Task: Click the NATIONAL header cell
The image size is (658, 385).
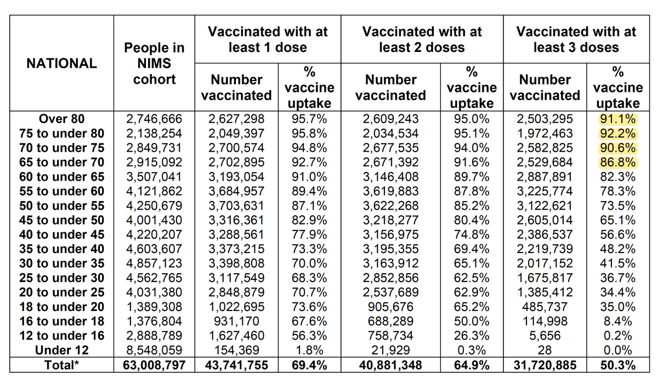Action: (61, 64)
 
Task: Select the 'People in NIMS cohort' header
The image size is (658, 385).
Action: (154, 64)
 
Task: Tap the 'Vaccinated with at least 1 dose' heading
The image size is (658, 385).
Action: (268, 39)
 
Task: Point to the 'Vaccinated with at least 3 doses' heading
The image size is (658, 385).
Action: (576, 39)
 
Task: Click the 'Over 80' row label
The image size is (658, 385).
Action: (62, 119)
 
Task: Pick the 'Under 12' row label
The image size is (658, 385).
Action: (62, 350)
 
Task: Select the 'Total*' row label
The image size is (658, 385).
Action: (62, 365)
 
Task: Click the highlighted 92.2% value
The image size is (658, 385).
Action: (617, 133)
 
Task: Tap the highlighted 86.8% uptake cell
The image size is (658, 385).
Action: (617, 162)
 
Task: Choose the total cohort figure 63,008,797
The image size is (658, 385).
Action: (154, 365)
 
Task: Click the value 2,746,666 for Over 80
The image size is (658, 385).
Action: (154, 119)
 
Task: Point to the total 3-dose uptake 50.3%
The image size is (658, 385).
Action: (617, 365)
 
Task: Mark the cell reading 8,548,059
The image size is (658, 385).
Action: (154, 350)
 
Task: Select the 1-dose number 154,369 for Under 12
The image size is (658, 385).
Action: (236, 350)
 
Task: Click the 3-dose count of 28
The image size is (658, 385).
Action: (545, 350)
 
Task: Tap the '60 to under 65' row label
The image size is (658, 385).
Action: (62, 176)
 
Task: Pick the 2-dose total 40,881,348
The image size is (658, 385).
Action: (391, 365)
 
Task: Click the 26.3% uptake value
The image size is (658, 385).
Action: (472, 336)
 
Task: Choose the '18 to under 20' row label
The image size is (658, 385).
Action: (62, 307)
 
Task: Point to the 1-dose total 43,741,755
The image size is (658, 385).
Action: (236, 365)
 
